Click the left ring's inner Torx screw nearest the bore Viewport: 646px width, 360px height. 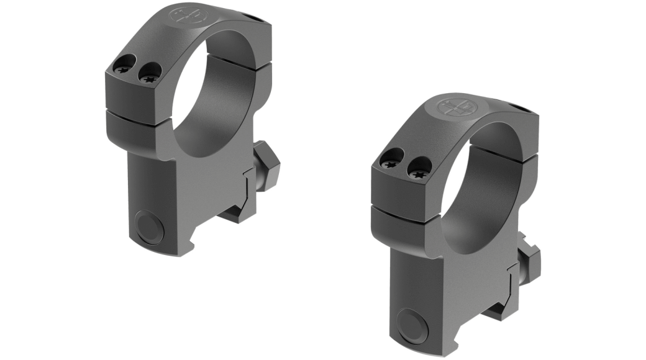148,78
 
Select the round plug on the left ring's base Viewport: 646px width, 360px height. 149,227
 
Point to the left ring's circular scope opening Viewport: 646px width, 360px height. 211,93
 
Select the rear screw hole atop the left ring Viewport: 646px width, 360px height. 249,15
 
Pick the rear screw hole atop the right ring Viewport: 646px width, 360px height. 521,109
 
